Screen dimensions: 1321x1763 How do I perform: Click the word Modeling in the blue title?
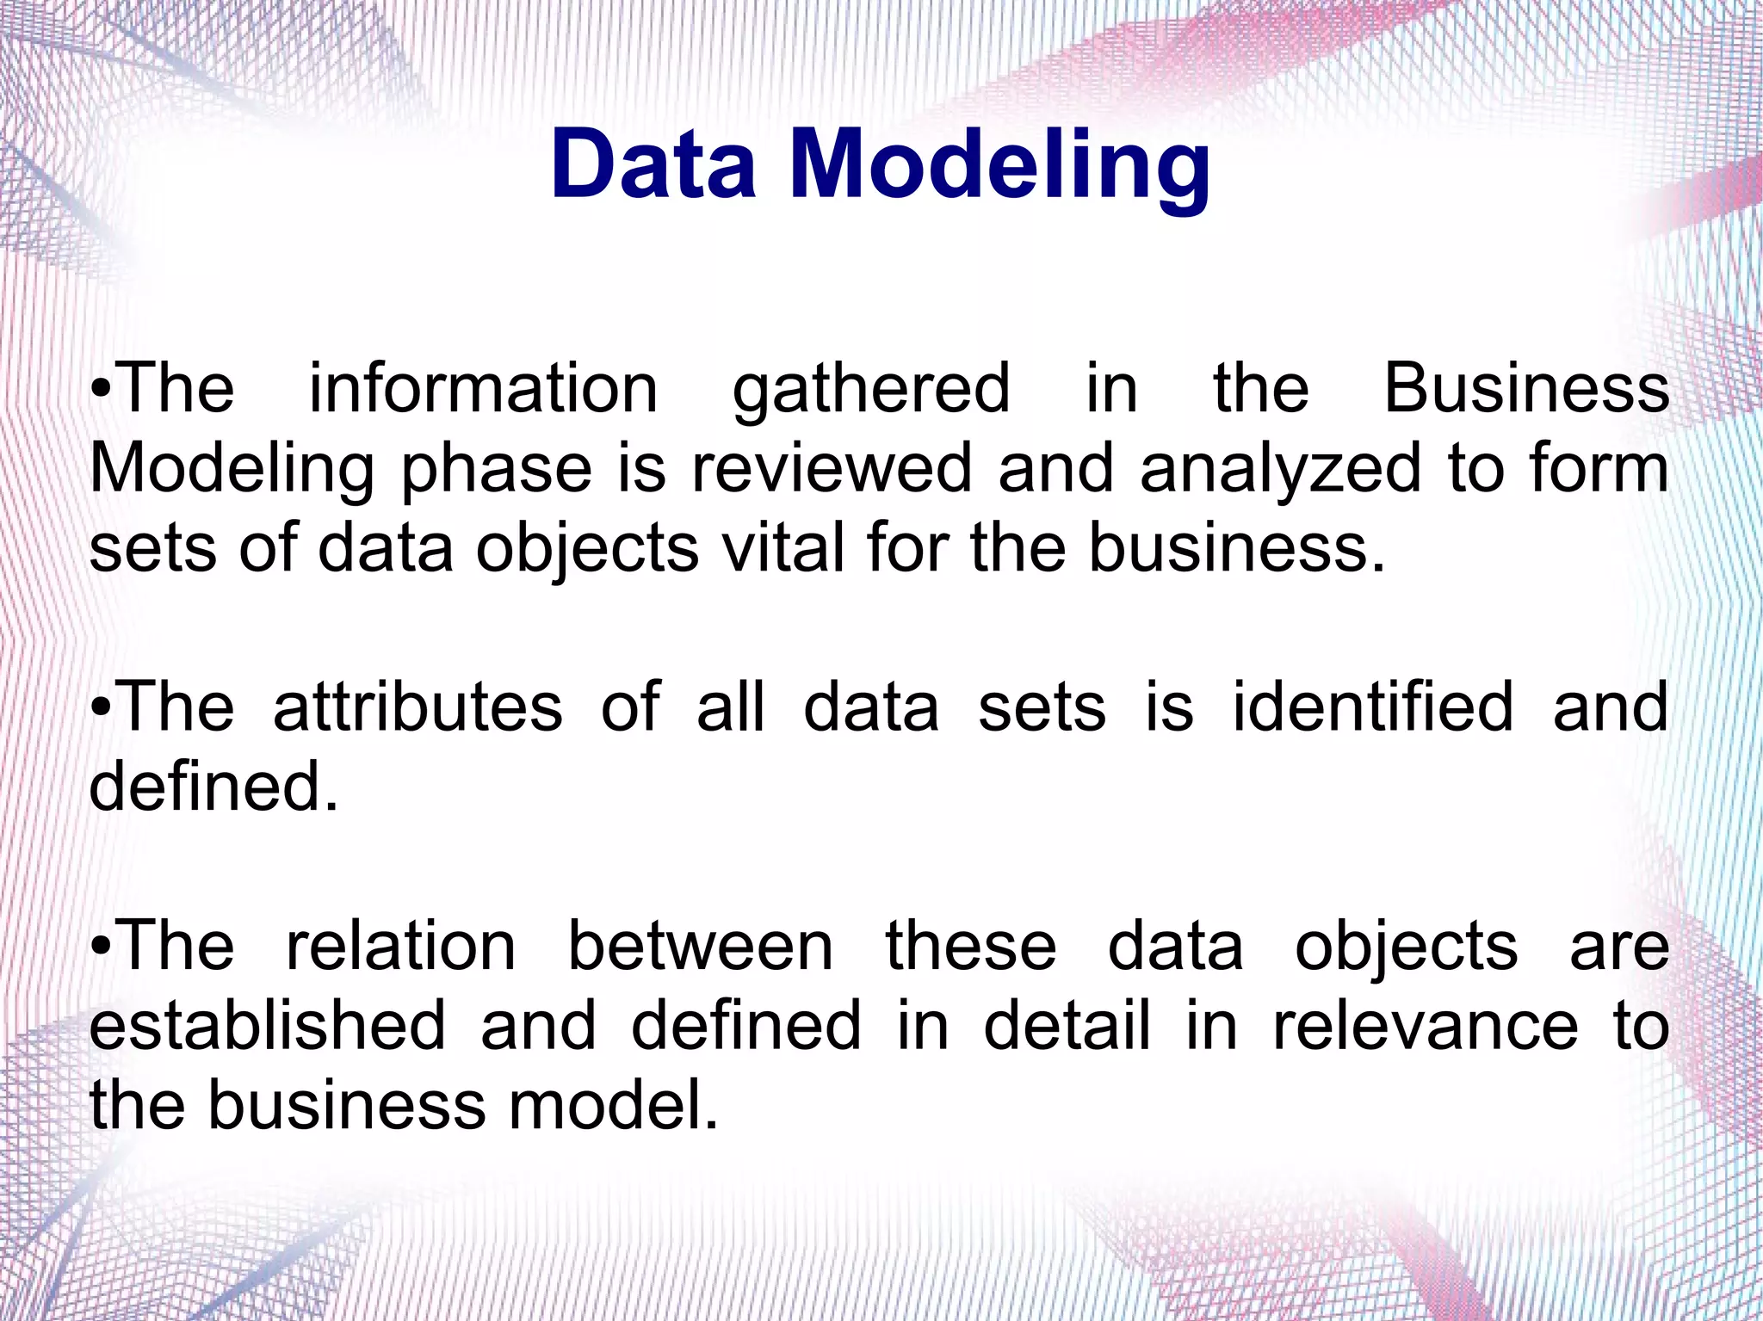pos(999,165)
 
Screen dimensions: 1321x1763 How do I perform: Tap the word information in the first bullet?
pos(484,389)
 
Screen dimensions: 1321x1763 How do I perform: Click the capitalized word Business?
pos(1526,389)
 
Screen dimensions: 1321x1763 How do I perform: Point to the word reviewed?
pos(831,469)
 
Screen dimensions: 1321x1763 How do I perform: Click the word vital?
pos(783,548)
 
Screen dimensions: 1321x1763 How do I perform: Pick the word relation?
pos(400,946)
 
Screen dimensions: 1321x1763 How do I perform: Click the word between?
pos(700,946)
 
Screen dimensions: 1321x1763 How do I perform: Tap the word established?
pos(268,1025)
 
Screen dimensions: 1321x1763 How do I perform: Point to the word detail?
pos(1067,1025)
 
